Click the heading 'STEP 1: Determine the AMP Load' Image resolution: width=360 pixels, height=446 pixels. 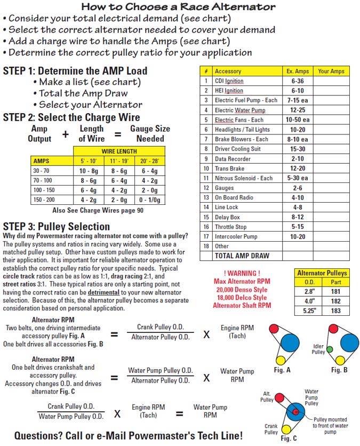click(75, 70)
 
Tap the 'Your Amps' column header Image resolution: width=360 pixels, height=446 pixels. click(331, 71)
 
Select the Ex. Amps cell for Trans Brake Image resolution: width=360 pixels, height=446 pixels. click(297, 168)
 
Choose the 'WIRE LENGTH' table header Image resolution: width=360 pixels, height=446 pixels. click(119, 151)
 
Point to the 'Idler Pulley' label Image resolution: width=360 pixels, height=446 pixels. click(318, 349)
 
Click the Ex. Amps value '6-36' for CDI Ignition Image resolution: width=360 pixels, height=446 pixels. click(297, 81)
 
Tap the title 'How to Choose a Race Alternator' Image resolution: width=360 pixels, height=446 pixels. click(179, 7)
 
